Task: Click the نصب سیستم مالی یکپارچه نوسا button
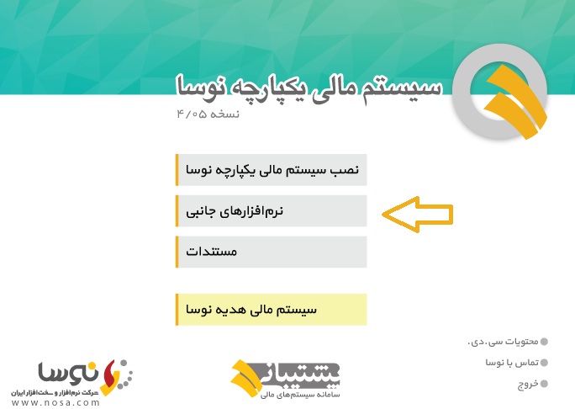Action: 272,170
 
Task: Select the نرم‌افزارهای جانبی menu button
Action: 272,211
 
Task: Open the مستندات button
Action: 272,252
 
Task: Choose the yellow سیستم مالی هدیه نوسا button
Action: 272,310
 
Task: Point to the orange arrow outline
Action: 418,215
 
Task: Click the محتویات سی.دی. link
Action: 503,342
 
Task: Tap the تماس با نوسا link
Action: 512,363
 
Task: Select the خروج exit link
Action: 528,384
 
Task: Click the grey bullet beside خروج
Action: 544,384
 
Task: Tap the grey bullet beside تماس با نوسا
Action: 544,363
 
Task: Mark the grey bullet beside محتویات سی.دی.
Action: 544,342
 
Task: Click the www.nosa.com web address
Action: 55,403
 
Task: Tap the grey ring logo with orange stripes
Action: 500,92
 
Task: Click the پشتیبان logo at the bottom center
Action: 285,378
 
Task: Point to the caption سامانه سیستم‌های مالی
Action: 300,395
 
